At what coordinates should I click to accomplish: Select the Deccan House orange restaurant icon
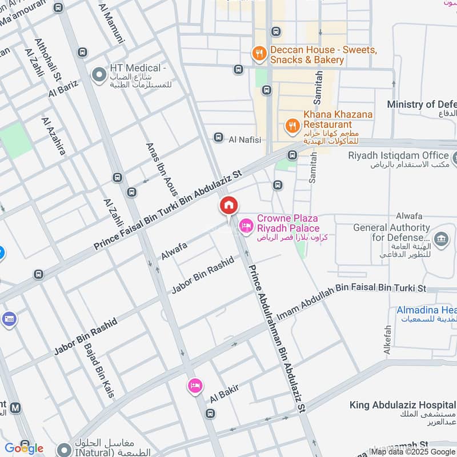pos(259,54)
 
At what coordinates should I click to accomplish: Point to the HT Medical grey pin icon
pos(99,74)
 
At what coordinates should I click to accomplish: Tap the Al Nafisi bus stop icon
pos(218,138)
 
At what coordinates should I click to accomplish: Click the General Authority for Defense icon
pos(440,238)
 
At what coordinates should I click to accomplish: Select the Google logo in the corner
pos(23,448)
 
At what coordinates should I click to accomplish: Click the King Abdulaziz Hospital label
pos(402,405)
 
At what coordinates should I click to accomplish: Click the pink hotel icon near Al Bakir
pos(195,386)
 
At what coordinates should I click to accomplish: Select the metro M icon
pos(15,408)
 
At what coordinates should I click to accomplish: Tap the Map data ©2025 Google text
pos(412,451)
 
